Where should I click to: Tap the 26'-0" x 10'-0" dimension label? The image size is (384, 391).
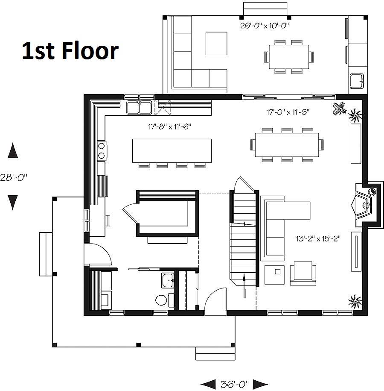(265, 26)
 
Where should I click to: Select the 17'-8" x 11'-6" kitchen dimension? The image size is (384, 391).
(169, 126)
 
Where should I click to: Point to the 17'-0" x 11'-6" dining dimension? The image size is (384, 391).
(288, 112)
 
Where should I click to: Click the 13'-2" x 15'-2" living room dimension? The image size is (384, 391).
(318, 238)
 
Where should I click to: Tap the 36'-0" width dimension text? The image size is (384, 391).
(235, 384)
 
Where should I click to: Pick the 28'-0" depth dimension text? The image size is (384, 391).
(14, 177)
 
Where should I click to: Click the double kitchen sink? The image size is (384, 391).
(139, 107)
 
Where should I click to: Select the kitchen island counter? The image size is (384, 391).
(172, 151)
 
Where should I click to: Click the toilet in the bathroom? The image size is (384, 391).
(164, 300)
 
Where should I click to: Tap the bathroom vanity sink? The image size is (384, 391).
(168, 280)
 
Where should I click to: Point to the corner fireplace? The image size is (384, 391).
(365, 205)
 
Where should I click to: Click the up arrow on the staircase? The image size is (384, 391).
(244, 285)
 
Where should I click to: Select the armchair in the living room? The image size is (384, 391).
(303, 273)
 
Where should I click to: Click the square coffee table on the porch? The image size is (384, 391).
(216, 44)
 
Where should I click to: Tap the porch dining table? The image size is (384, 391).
(289, 57)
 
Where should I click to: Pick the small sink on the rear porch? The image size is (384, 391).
(357, 81)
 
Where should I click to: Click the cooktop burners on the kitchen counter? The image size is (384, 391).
(102, 150)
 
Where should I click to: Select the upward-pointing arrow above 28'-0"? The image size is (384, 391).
(13, 150)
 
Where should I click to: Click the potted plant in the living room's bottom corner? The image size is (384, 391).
(355, 302)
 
